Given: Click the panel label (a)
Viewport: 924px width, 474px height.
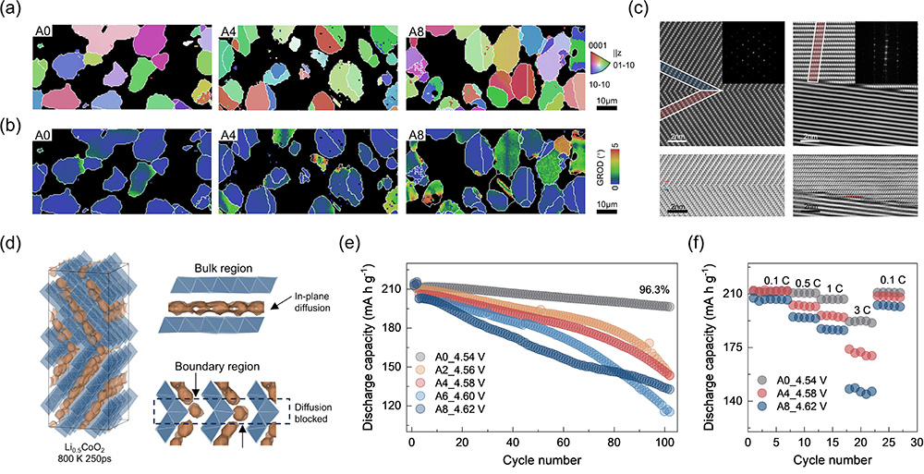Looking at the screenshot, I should click(x=13, y=11).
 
